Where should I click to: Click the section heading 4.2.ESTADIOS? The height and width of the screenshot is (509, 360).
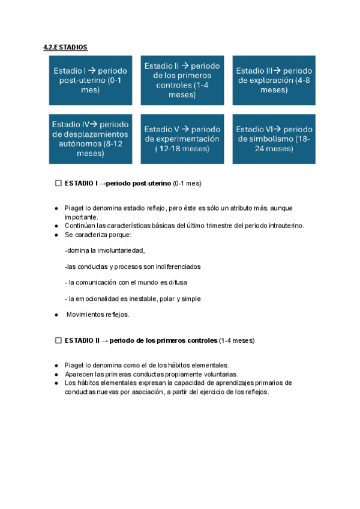tap(65, 47)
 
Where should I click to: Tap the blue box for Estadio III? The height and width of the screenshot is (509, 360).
tap(274, 80)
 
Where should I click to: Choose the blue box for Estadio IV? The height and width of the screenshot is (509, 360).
tap(91, 139)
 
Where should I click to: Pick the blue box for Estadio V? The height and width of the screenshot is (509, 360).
tap(182, 139)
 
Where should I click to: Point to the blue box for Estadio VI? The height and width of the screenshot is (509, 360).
tap(274, 139)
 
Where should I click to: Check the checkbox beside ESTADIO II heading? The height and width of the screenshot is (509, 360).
tap(58, 340)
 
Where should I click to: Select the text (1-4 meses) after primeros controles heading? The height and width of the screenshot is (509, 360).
tap(236, 340)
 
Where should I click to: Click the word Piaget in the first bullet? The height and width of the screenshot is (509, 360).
tap(74, 208)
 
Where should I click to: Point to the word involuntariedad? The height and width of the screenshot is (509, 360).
tap(119, 250)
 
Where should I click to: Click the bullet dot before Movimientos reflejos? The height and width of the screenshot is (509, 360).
tap(56, 315)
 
